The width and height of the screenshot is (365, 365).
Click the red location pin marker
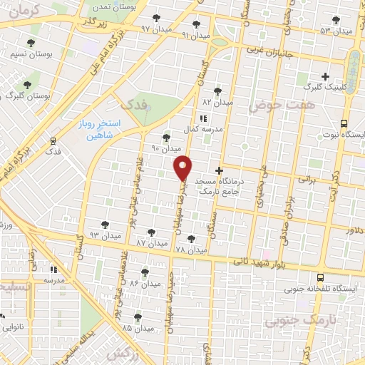pyautogui.click(x=183, y=168)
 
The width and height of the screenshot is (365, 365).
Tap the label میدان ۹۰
pyautogui.click(x=165, y=149)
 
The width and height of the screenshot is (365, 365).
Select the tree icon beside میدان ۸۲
pyautogui.click(x=217, y=91)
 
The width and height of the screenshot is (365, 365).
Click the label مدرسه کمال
pyautogui.click(x=201, y=130)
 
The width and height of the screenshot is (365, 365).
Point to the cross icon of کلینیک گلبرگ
pyautogui.click(x=326, y=76)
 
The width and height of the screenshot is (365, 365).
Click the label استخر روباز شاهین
pyautogui.click(x=100, y=128)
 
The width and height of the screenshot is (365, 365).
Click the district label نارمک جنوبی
pyautogui.click(x=294, y=321)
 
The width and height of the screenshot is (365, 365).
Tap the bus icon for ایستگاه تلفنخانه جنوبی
pyautogui.click(x=320, y=278)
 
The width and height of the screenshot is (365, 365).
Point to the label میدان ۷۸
pyautogui.click(x=190, y=250)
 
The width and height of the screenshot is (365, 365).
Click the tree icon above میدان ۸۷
pyautogui.click(x=150, y=232)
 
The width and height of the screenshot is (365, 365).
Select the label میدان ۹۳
pyautogui.click(x=105, y=235)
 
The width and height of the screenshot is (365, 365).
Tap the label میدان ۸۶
pyautogui.click(x=144, y=284)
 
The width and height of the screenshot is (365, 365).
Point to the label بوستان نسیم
pyautogui.click(x=29, y=54)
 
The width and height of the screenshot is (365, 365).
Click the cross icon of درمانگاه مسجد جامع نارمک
pyautogui.click(x=219, y=170)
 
